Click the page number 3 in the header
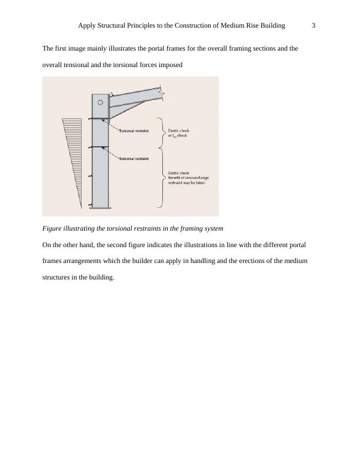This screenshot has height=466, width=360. (314, 25)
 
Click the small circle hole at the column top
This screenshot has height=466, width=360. (101, 102)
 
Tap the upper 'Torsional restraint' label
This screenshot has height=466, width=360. (134, 130)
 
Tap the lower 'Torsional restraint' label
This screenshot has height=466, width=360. (134, 159)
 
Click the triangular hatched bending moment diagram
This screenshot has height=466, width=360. (73, 153)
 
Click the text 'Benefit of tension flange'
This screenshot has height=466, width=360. (189, 177)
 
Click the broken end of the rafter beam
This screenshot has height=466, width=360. (162, 93)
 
